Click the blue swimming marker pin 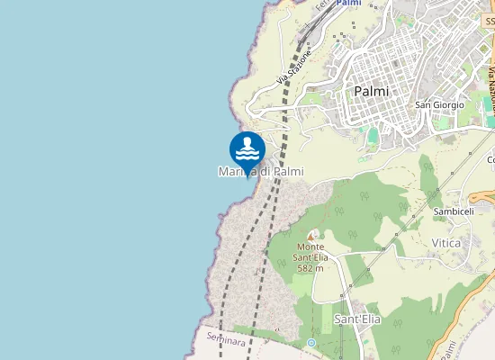pos(247,149)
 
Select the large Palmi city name pos(371,91)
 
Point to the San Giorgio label pos(439,105)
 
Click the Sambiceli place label pos(453,211)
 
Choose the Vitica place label pos(446,243)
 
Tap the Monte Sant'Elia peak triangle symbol pos(311,235)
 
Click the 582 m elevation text pos(310,268)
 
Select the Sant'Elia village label pos(355,319)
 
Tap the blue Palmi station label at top pos(348,4)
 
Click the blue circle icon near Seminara pos(310,343)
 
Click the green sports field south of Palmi pos(373,134)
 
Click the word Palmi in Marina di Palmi pos(289,171)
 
